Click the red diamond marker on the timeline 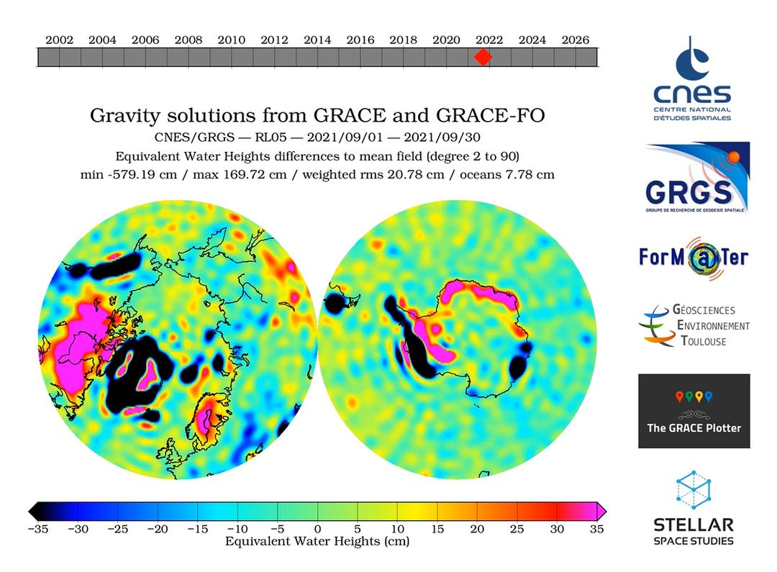click(483, 57)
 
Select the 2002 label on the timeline click(60, 40)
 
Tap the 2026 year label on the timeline click(576, 40)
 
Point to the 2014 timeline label click(317, 40)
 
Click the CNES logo click(692, 78)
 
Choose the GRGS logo click(697, 178)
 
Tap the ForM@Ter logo click(694, 258)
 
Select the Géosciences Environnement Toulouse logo click(694, 325)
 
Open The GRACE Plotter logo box click(694, 411)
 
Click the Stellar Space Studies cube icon click(694, 490)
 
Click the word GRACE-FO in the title click(491, 116)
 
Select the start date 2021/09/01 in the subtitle click(345, 137)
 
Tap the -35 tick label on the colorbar click(38, 529)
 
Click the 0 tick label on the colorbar click(318, 529)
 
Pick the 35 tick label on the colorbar click(596, 529)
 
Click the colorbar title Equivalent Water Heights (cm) click(317, 541)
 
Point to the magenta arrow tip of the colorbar click(606, 511)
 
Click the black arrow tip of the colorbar click(29, 511)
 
